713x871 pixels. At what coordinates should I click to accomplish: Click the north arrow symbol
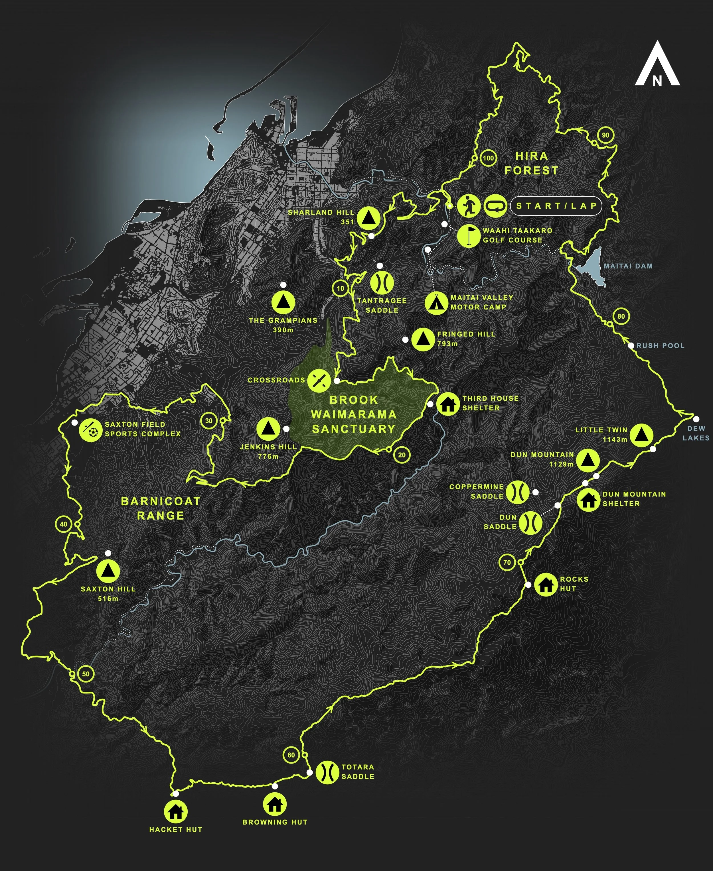tap(657, 64)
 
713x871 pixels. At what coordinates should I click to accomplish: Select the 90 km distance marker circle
tap(605, 135)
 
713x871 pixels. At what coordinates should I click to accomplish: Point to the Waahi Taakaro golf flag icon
tap(469, 236)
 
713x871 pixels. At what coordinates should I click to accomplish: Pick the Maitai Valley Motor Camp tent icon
tap(436, 302)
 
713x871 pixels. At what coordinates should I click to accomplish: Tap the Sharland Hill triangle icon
tap(368, 217)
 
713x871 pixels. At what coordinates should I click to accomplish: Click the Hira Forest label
tap(531, 163)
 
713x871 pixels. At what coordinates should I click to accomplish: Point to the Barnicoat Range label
tap(160, 508)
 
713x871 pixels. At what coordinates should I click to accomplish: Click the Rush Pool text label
tap(661, 346)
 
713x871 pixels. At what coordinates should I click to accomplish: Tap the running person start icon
tap(468, 206)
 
